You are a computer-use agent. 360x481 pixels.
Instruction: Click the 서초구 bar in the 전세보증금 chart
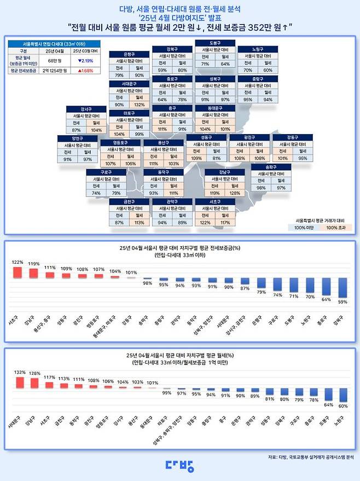[18, 272]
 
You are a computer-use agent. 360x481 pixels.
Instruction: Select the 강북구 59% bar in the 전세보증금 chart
[343, 287]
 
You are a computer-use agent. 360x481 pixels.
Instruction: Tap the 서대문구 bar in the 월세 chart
[20, 383]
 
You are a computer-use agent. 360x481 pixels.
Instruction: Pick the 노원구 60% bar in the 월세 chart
[343, 395]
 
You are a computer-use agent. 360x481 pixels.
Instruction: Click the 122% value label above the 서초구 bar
[18, 262]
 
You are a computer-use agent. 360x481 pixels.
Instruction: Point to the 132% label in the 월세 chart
[20, 372]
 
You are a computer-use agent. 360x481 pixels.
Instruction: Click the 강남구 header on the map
[224, 172]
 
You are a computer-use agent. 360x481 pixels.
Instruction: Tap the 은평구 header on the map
[130, 54]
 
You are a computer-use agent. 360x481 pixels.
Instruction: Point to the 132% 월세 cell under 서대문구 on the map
[139, 105]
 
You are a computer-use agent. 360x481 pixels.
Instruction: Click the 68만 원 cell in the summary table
[53, 60]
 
